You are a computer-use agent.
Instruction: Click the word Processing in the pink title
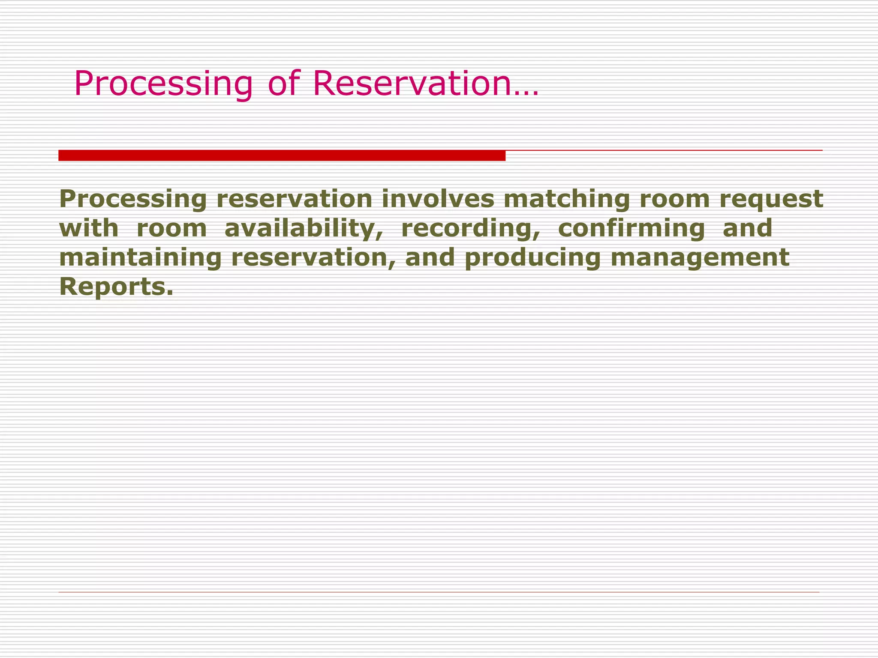click(163, 84)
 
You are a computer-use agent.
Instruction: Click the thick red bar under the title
click(282, 156)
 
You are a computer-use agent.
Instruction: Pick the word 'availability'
click(304, 229)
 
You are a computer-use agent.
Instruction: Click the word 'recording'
click(470, 229)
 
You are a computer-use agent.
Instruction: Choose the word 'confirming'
click(631, 229)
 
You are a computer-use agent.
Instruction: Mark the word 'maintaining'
click(140, 258)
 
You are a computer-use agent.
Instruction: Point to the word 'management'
click(700, 258)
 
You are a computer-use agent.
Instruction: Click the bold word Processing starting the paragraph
click(133, 200)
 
